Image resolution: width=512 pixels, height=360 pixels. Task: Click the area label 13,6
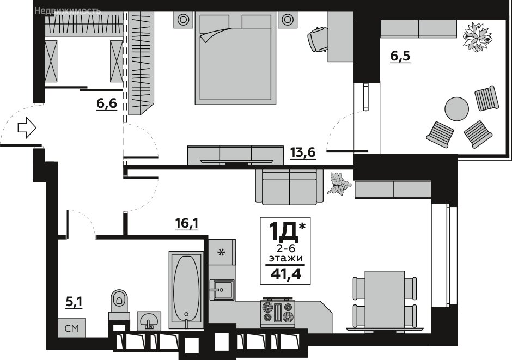tap(303, 152)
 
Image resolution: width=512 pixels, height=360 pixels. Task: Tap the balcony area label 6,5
tap(400, 56)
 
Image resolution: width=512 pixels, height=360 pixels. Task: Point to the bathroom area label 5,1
tap(74, 302)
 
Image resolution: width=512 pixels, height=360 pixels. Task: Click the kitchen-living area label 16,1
tap(187, 224)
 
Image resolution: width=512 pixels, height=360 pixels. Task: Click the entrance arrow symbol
tap(27, 127)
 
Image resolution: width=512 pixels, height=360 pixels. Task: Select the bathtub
tap(186, 290)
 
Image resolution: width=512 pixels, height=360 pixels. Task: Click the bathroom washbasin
tap(149, 320)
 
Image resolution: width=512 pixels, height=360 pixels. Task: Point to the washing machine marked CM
tap(72, 328)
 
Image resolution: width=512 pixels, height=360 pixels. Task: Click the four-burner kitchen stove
tap(278, 312)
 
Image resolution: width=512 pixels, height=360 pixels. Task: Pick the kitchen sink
tap(222, 290)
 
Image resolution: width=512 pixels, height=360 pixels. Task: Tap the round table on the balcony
tap(457, 109)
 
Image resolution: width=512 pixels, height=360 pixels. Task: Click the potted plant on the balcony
tap(477, 36)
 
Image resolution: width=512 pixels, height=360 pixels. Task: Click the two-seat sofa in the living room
tap(289, 187)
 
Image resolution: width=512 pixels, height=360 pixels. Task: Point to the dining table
tap(385, 298)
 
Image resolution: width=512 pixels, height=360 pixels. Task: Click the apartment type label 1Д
tap(283, 230)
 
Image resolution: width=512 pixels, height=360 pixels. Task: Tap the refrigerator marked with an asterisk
tap(222, 252)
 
